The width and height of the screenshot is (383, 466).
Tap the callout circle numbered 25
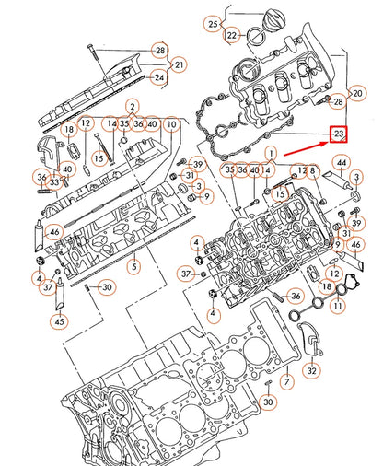point(213,23)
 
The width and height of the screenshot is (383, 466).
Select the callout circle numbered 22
point(232,36)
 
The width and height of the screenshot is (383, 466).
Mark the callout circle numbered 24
point(160,77)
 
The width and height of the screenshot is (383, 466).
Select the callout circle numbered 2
point(133,108)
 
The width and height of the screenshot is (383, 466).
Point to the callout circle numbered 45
point(60,321)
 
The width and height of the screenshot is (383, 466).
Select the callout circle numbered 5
point(134,267)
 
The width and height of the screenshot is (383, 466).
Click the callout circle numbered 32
point(313,371)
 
